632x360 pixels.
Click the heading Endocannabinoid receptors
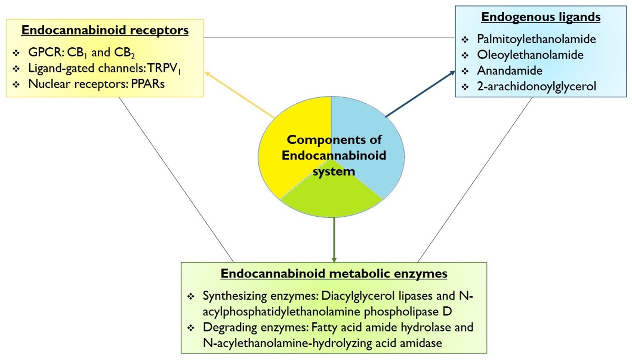pos(105,31)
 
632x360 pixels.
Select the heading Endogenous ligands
pos(540,17)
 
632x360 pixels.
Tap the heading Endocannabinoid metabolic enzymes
pos(334,274)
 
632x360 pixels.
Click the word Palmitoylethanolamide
pos(536,39)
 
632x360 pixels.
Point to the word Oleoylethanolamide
pos(530,55)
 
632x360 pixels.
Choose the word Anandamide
pos(510,71)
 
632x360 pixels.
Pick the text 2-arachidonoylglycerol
pos(536,87)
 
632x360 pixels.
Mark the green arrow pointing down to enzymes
pos(334,239)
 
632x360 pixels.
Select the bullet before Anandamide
pos(466,72)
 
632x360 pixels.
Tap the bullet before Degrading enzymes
pos(191,328)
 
